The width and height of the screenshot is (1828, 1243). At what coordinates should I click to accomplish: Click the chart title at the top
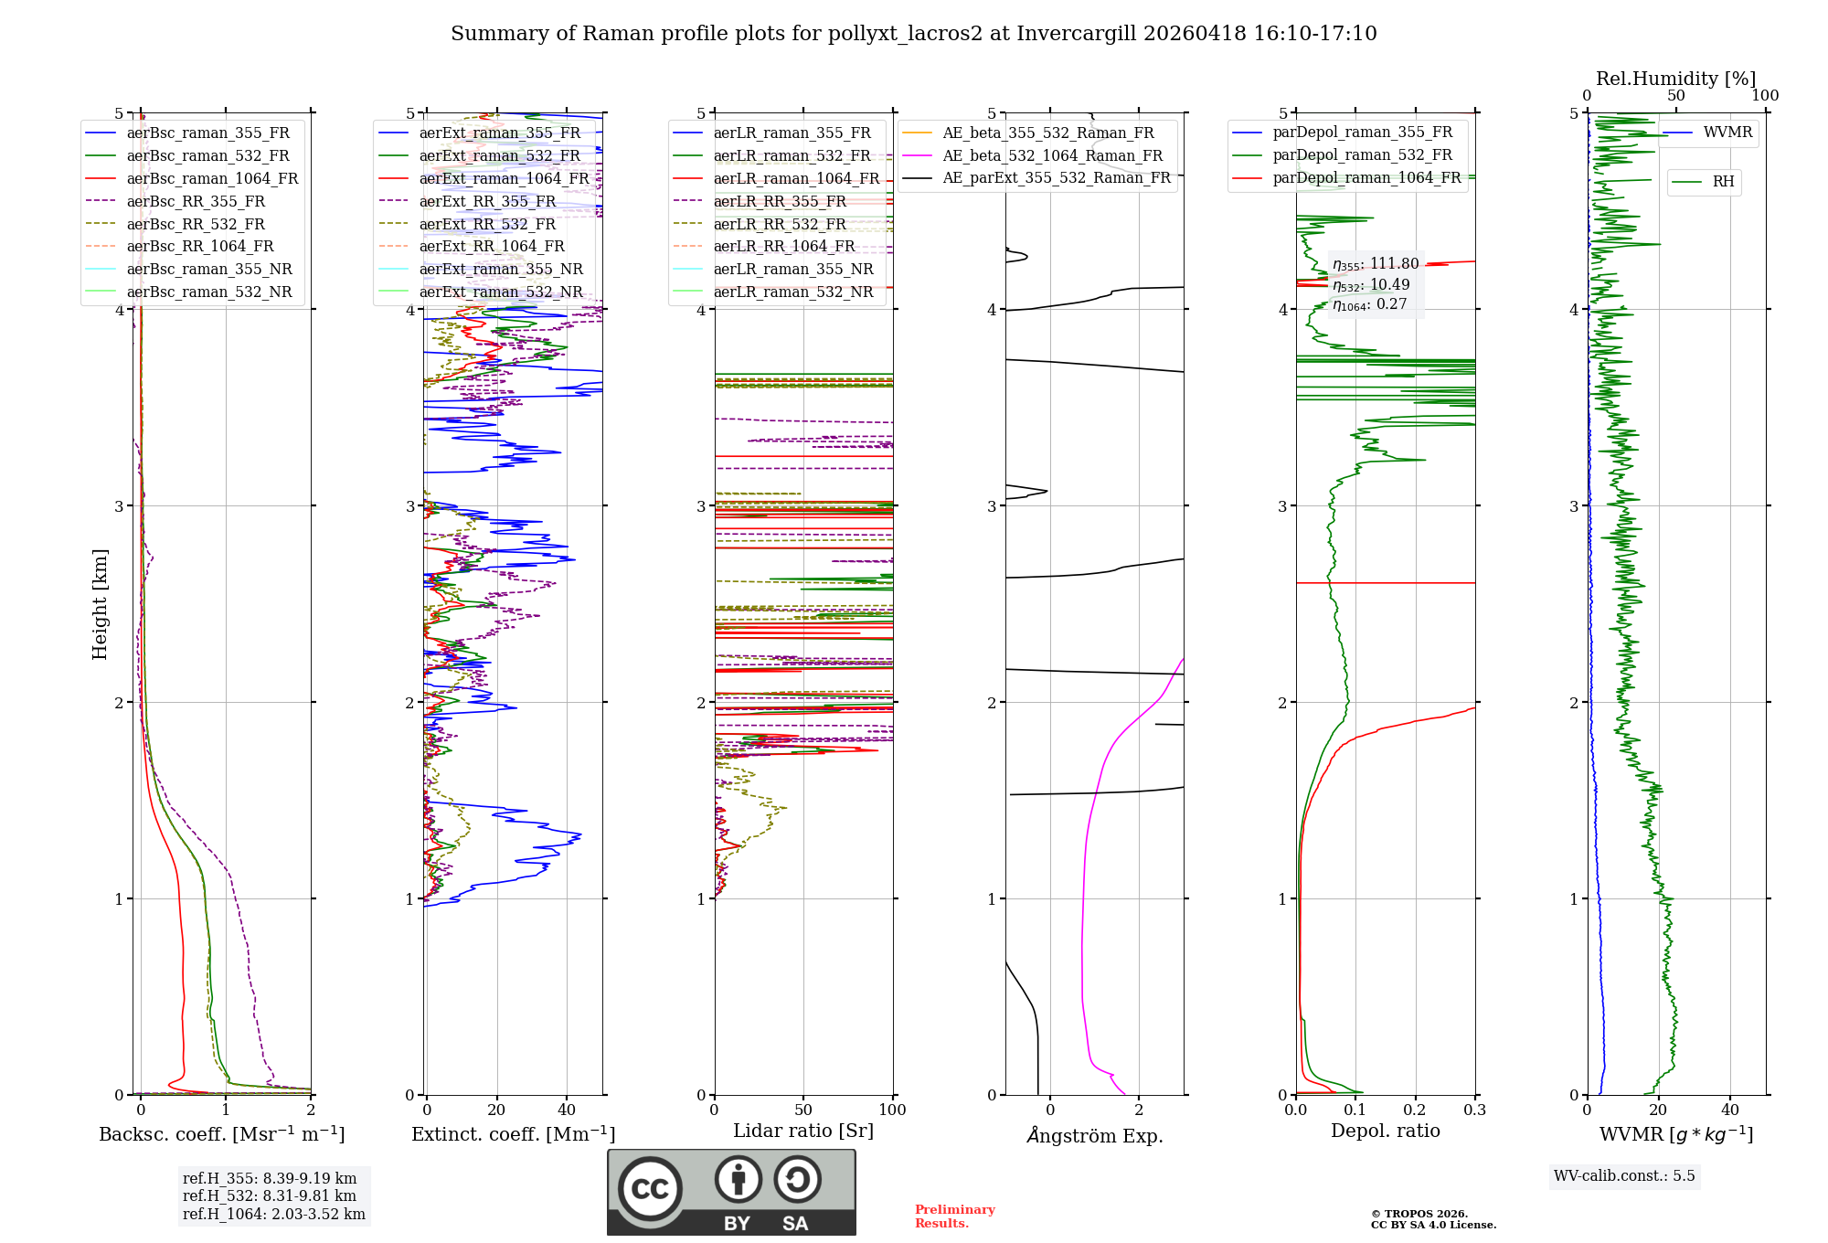(913, 34)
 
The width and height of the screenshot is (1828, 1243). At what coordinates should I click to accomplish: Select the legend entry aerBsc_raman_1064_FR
(212, 178)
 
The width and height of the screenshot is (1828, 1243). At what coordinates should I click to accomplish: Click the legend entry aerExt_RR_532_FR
(487, 224)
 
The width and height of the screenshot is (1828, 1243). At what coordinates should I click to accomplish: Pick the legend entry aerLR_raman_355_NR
(792, 270)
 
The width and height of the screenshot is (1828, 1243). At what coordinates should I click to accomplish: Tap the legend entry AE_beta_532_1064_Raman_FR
(1052, 155)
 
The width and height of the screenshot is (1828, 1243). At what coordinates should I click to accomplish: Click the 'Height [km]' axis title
(100, 604)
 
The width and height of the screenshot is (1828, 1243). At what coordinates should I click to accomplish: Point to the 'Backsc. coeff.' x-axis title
(222, 1134)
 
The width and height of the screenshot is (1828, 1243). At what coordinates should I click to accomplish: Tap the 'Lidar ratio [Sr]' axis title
(803, 1131)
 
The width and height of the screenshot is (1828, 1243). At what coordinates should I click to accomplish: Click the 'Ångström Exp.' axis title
(1095, 1136)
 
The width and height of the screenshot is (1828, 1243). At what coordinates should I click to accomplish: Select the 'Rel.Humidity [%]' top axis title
(1675, 79)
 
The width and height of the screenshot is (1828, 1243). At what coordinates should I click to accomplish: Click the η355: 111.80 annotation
(1376, 264)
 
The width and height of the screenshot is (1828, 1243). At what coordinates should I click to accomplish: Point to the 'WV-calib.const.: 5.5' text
(1624, 1176)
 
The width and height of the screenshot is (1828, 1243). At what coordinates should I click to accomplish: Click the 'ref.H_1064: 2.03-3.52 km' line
(274, 1215)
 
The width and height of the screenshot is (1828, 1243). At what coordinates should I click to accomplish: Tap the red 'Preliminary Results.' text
(954, 1216)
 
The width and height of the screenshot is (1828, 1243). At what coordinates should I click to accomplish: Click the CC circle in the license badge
(650, 1188)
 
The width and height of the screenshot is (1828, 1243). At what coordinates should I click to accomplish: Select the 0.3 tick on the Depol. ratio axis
(1474, 1110)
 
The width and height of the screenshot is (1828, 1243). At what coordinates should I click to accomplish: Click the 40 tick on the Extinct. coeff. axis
(567, 1110)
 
